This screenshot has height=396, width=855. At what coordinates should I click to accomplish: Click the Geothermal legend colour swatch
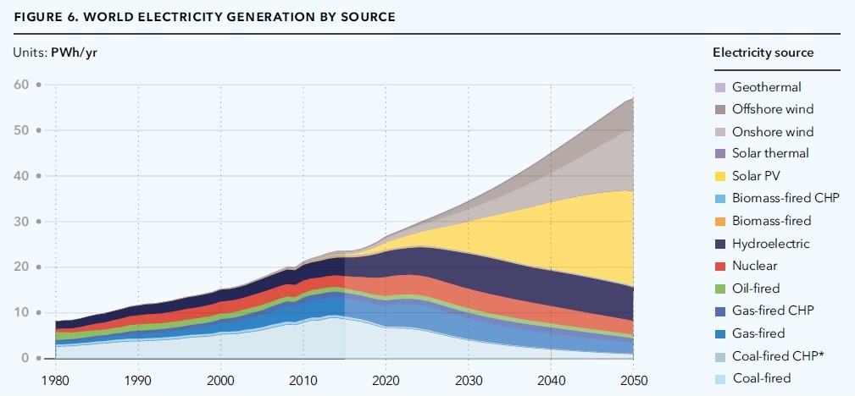pos(720,87)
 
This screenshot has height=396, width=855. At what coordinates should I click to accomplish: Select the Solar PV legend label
pos(754,176)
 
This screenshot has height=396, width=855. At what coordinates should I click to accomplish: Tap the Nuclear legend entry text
pos(755,266)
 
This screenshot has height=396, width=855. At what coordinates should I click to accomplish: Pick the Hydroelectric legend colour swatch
pos(720,244)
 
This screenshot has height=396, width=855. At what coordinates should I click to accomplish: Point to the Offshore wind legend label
pos(773,109)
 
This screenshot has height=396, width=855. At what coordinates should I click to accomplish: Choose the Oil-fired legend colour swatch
pos(720,289)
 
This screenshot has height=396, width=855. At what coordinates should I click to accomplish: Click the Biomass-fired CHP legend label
pos(779,199)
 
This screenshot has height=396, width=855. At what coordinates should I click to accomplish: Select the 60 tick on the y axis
pos(22,85)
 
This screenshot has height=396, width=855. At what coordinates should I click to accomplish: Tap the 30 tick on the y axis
pos(22,222)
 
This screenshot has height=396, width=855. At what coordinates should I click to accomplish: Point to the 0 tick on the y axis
pos(25,359)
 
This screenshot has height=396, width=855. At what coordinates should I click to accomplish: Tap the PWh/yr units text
pos(79,52)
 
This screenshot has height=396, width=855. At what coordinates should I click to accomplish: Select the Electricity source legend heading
pos(763,52)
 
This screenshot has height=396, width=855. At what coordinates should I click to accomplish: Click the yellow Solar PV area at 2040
pos(551,233)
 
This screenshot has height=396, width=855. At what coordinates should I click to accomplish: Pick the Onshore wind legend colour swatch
pos(720,132)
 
